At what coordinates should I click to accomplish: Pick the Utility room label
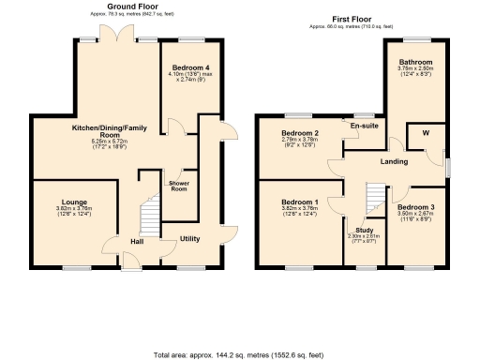pos(189,239)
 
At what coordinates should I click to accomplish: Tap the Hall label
pos(136,242)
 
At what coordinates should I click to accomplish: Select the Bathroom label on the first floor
pos(414,62)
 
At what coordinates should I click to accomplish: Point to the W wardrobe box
pos(426,132)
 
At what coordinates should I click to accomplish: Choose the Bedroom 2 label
pos(300,134)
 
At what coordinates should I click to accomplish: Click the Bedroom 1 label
pos(300,202)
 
